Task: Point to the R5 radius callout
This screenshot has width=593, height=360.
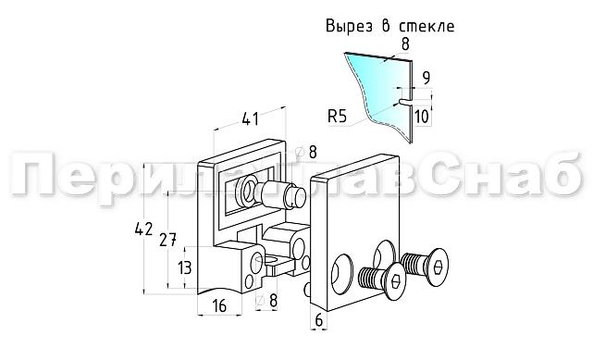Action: pos(339,116)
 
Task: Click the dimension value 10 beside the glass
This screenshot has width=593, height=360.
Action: pos(422,116)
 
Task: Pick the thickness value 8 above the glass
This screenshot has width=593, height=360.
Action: pos(406,43)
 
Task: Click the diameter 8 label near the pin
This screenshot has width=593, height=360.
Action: pos(313,152)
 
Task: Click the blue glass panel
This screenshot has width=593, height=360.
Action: pos(375,78)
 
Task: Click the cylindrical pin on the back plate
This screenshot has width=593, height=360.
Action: pos(280,195)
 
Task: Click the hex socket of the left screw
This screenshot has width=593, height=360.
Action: pos(395,284)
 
